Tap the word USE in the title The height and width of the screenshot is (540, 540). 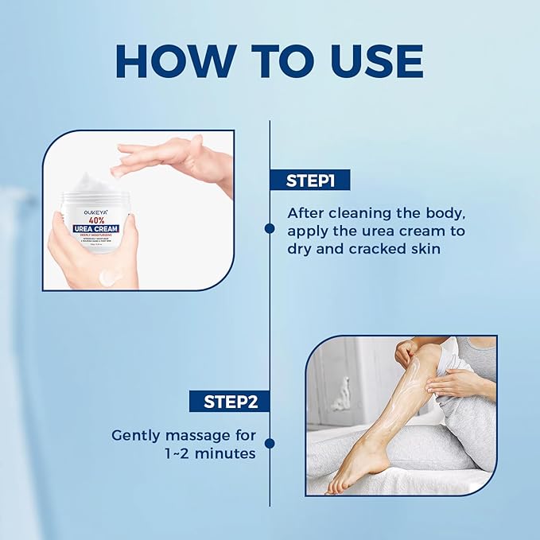pyautogui.click(x=367, y=60)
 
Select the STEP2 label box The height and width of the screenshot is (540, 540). pyautogui.click(x=229, y=401)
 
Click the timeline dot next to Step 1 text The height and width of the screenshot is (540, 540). pyautogui.click(x=270, y=228)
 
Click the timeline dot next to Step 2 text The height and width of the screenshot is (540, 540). pyautogui.click(x=270, y=443)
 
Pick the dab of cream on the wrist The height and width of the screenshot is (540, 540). pyautogui.click(x=111, y=277)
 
